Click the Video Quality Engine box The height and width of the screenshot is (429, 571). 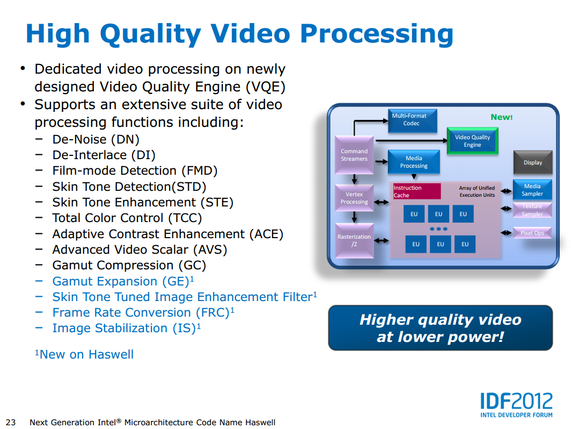(x=472, y=141)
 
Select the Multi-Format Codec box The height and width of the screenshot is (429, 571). (x=412, y=120)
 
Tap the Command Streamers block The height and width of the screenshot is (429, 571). (x=354, y=155)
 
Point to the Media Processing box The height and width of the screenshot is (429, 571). (x=414, y=162)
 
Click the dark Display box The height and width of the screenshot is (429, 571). (x=533, y=162)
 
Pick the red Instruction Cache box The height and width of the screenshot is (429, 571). (x=416, y=191)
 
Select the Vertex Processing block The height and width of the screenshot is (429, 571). (x=354, y=198)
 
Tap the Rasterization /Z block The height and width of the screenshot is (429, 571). (x=354, y=241)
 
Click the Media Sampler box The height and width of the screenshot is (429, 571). (x=532, y=190)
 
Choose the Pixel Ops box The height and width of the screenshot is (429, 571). (x=532, y=233)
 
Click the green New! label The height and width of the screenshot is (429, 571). (x=501, y=117)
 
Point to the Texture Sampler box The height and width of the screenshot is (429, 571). (x=532, y=210)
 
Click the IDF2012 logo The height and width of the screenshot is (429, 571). (x=516, y=405)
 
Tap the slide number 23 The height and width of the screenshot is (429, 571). (x=11, y=422)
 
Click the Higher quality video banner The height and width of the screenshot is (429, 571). (x=440, y=328)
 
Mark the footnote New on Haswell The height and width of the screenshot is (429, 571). (x=84, y=354)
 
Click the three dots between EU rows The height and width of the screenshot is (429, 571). (x=438, y=229)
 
